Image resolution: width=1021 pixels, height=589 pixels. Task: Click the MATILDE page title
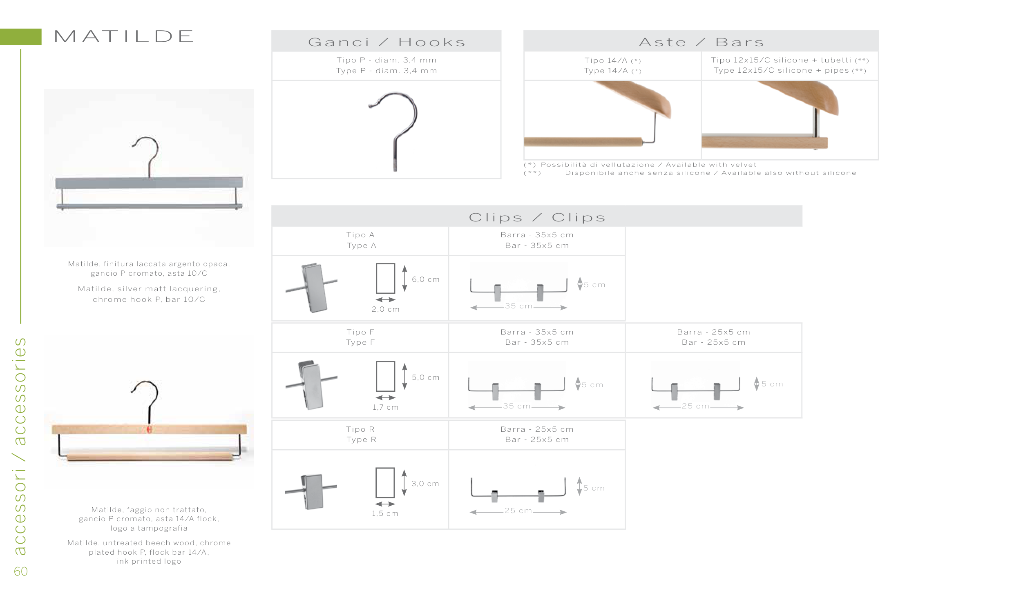(x=123, y=36)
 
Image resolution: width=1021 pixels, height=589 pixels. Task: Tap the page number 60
(x=21, y=571)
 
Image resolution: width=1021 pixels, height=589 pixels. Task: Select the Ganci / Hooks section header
(x=387, y=42)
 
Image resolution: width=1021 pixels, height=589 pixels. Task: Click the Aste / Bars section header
(x=701, y=42)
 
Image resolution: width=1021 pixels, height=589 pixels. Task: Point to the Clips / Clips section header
(x=537, y=217)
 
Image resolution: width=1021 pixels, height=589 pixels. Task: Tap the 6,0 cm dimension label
(x=426, y=279)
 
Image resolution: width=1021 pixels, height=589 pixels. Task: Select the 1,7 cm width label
(x=385, y=407)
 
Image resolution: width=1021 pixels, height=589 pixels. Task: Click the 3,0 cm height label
(x=425, y=484)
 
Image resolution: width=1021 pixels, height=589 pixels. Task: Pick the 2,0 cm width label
(x=386, y=309)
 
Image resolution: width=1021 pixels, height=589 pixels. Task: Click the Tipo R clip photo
(x=311, y=491)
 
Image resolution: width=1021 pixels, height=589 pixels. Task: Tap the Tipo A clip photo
(x=312, y=288)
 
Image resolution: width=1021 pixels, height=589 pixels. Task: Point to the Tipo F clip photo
(x=311, y=384)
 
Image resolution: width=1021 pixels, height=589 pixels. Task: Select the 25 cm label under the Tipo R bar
(x=518, y=511)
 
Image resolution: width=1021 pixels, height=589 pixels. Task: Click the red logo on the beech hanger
(x=149, y=429)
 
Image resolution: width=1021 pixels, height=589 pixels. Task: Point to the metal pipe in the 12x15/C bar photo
(x=815, y=123)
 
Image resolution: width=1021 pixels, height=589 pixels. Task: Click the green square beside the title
(x=20, y=37)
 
